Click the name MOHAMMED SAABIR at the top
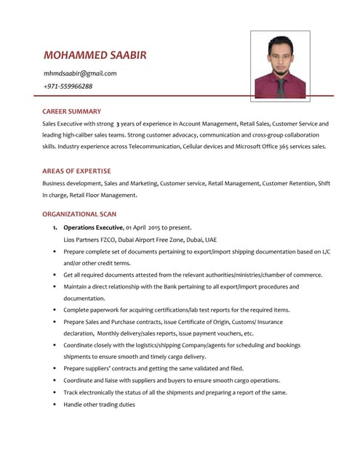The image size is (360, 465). (95, 55)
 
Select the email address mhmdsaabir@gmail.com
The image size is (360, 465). (80, 73)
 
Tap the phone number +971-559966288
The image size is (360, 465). (68, 86)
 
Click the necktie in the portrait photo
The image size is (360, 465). (281, 87)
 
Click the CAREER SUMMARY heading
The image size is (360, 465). (71, 112)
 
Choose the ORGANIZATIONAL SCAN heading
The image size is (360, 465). (79, 214)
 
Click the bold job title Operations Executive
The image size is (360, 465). (93, 227)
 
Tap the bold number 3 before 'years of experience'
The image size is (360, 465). (119, 124)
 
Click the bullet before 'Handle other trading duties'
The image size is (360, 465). (55, 404)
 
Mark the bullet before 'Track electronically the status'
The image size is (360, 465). (55, 392)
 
